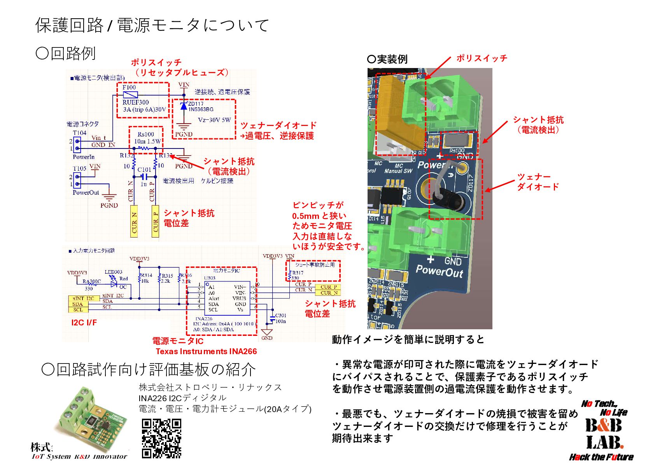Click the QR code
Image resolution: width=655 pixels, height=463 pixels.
tap(161, 438)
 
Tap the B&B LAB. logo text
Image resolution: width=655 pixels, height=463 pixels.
tap(604, 433)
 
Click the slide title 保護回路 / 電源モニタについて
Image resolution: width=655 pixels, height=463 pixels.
tap(152, 25)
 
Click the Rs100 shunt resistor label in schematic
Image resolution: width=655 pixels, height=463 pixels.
tap(145, 134)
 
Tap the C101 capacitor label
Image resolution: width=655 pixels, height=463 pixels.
tap(144, 169)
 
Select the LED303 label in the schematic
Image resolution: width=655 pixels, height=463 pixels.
tap(113, 272)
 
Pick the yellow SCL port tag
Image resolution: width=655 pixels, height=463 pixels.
tap(78, 310)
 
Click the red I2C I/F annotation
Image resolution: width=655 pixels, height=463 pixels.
tap(84, 323)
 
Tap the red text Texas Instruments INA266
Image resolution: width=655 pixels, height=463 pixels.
tap(206, 351)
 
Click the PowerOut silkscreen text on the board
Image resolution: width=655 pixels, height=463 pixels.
tap(439, 270)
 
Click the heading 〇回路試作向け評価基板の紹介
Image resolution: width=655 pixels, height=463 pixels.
tap(148, 369)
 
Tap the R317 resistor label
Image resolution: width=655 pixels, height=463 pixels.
tap(298, 273)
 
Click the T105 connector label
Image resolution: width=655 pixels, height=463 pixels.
tap(79, 168)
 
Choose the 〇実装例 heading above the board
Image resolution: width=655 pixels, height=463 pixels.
tap(387, 59)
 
